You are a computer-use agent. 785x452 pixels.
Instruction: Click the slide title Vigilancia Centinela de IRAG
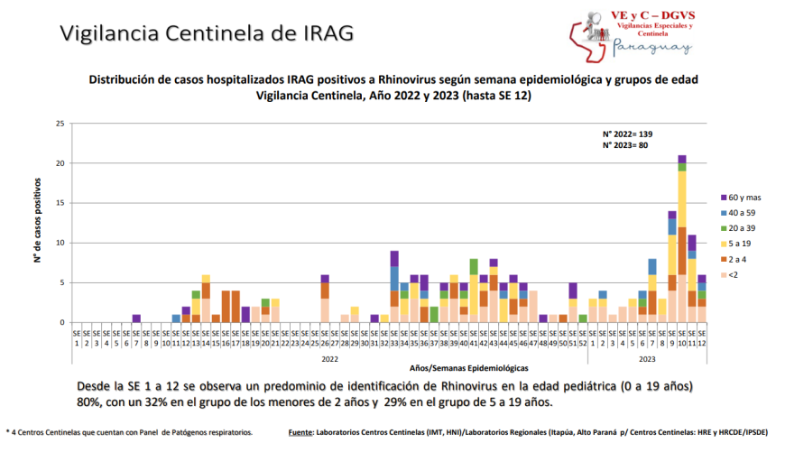206,32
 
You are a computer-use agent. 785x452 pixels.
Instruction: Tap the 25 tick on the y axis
60,124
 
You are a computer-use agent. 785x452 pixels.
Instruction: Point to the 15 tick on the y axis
60,203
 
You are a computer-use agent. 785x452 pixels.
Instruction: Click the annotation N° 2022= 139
627,134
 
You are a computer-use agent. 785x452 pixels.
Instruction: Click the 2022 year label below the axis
330,357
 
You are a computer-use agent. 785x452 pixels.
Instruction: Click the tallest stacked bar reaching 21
681,239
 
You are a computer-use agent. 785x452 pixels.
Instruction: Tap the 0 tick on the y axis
62,322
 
